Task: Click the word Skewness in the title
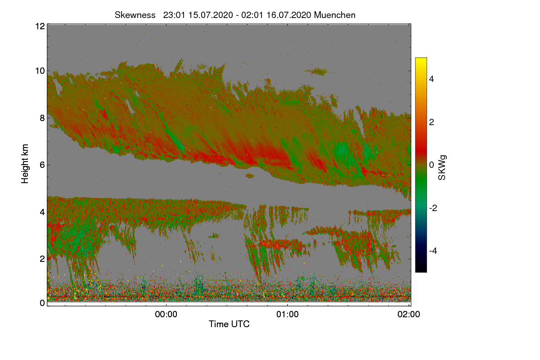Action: (135, 15)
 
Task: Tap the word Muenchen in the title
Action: (335, 15)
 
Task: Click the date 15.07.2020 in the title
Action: (211, 15)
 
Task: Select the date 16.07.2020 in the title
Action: (289, 15)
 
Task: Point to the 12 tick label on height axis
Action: (40, 26)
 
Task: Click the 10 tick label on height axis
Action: (40, 71)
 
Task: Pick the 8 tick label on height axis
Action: (42, 118)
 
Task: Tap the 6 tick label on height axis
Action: (42, 165)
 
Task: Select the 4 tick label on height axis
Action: (42, 212)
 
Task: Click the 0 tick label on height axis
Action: (42, 303)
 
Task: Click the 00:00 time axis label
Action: (166, 315)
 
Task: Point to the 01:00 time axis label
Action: (288, 315)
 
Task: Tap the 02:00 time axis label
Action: (409, 315)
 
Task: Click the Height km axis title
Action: (25, 164)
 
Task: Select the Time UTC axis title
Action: (229, 324)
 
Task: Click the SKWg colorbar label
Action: (442, 168)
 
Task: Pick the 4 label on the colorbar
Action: (432, 79)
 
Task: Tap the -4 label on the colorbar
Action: (433, 251)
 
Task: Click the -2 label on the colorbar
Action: (433, 208)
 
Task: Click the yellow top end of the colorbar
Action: (421, 59)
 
